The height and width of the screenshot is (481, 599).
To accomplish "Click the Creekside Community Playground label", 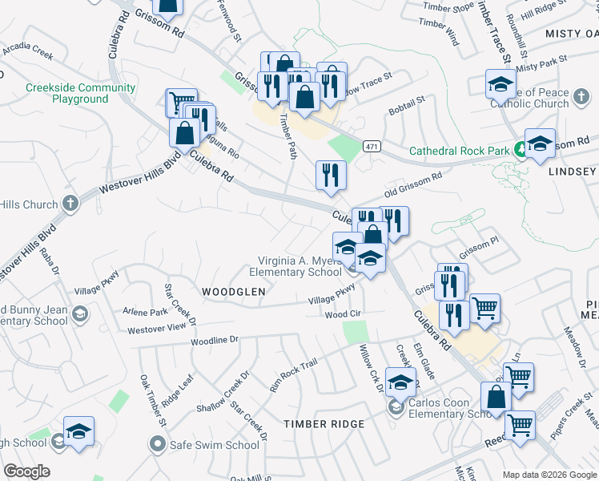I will pyautogui.click(x=79, y=93).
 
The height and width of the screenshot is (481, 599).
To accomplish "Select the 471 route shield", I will pyautogui.click(x=371, y=146).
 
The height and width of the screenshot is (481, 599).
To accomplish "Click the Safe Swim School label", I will pyautogui.click(x=214, y=445).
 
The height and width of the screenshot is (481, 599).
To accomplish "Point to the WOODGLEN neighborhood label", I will pyautogui.click(x=233, y=293).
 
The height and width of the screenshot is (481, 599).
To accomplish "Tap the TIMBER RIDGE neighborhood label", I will pyautogui.click(x=325, y=424).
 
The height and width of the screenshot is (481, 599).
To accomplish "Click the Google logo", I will pyautogui.click(x=26, y=471).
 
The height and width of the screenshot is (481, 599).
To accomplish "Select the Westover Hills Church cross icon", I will pyautogui.click(x=70, y=201).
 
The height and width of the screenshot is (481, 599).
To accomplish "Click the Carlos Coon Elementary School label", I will pyautogui.click(x=448, y=409).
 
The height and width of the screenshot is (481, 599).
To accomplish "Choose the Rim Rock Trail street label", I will pyautogui.click(x=293, y=375).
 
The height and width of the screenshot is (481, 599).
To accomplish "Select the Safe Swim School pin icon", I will pyautogui.click(x=158, y=443).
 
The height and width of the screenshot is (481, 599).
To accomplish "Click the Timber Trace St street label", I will pyautogui.click(x=493, y=33).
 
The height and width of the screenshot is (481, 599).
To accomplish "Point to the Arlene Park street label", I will pyautogui.click(x=145, y=311).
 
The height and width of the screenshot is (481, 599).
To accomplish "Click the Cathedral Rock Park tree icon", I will pyautogui.click(x=521, y=149).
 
